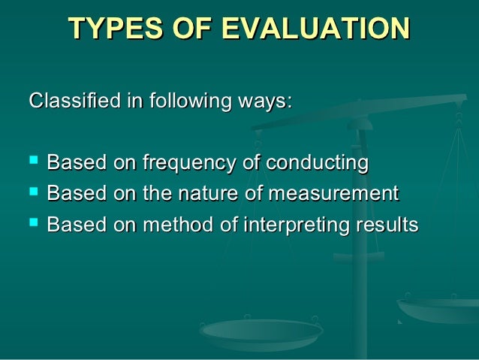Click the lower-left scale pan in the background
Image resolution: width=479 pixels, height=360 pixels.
261,330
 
